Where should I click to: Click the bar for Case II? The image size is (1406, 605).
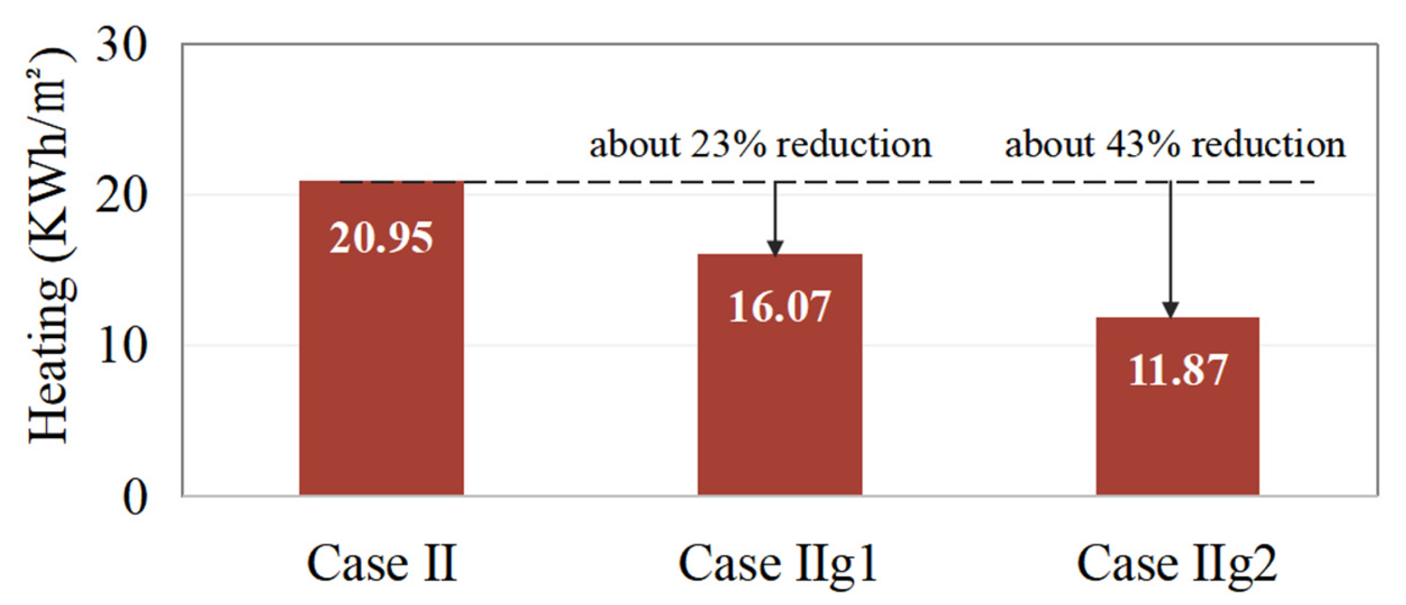(381, 358)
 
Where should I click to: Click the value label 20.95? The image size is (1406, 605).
(381, 238)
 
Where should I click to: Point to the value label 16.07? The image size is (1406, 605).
(780, 307)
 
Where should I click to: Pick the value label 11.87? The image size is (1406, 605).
(1177, 371)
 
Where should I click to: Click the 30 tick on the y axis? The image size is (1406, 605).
(121, 45)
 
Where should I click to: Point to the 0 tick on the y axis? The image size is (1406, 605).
(135, 497)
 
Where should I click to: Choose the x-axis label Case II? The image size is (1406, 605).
(382, 563)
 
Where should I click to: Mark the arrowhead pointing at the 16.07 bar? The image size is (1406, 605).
(775, 248)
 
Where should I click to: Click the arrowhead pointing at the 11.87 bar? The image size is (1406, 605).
(1170, 310)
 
